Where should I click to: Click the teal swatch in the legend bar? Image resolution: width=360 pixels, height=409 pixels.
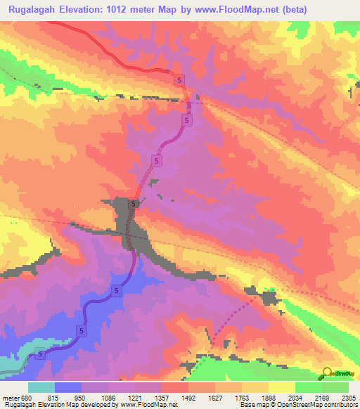click(x=41, y=387)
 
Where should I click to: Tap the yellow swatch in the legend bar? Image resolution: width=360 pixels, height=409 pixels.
click(x=281, y=387)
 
